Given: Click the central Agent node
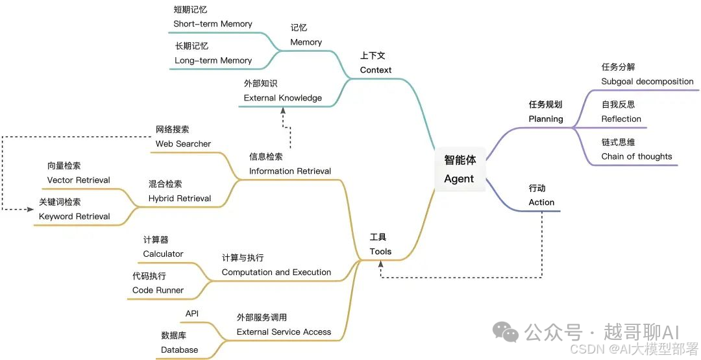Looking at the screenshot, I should [x=459, y=169].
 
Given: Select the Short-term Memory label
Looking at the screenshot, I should [x=212, y=24].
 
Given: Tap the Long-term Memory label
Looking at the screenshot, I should [x=213, y=60].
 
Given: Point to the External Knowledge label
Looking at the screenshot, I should [x=282, y=98].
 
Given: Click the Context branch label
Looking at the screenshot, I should [x=376, y=69].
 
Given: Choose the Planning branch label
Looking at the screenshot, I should [x=546, y=119].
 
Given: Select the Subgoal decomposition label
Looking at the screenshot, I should [x=647, y=82].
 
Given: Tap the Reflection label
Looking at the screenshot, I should [x=621, y=119].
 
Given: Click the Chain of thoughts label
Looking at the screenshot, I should [x=637, y=156].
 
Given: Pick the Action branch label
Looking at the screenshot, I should [x=541, y=202].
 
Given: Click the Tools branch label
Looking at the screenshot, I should [x=380, y=251].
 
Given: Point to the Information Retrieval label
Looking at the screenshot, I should [x=289, y=171].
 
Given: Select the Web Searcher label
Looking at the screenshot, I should [x=183, y=143].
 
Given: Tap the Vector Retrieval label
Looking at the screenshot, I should [x=79, y=180].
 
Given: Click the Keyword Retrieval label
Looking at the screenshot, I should [x=74, y=216].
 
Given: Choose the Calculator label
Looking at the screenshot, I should [x=163, y=254].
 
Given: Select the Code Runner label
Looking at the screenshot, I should [x=158, y=290].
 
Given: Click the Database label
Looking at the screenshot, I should [x=179, y=350].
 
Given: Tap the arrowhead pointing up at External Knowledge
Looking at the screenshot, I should [x=283, y=110].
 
